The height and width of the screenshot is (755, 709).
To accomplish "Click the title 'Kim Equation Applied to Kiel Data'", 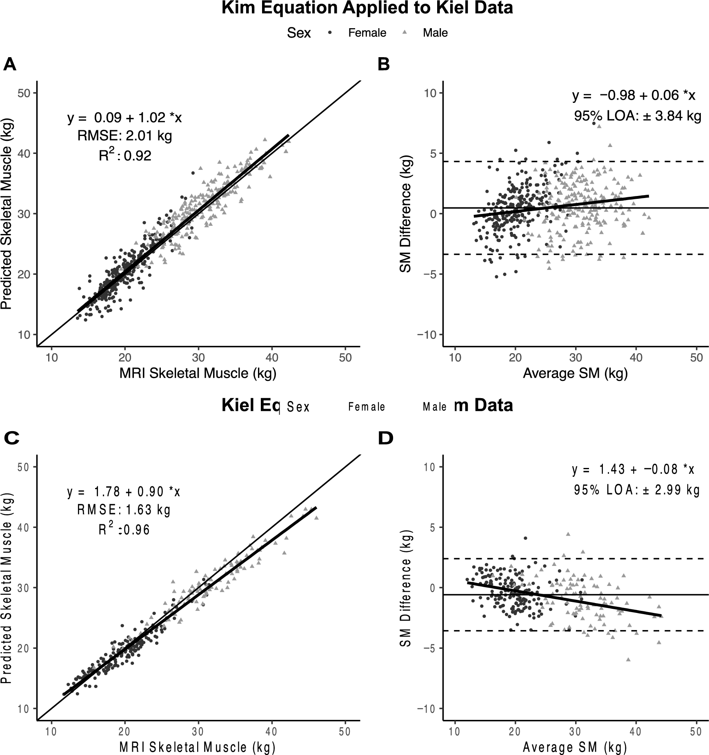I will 367,8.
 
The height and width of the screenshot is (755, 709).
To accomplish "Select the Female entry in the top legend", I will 367,33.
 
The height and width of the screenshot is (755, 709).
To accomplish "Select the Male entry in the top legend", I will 435,33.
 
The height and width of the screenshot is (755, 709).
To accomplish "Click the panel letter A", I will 10,65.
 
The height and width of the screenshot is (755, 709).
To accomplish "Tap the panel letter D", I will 385,438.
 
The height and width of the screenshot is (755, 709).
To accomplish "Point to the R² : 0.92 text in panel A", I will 125,155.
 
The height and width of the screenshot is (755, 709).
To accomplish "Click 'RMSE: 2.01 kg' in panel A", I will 125,136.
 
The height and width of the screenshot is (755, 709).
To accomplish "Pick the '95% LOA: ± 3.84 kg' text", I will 638,116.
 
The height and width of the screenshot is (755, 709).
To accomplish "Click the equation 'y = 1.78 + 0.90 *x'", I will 124,492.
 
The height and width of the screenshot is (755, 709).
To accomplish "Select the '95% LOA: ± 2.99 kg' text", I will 637,490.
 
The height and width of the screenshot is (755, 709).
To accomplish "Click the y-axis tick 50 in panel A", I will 25,93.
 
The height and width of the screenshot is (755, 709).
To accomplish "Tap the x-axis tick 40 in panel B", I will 636,358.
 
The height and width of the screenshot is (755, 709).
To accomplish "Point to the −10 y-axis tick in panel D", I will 427,708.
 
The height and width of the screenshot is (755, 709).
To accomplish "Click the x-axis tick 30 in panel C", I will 198,731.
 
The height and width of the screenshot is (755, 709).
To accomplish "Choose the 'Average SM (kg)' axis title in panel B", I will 575,373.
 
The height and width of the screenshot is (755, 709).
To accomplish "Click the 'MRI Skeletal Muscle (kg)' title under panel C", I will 198,747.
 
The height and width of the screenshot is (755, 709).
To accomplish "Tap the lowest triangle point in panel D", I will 628,659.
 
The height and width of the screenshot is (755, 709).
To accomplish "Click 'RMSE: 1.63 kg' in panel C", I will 124,510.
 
